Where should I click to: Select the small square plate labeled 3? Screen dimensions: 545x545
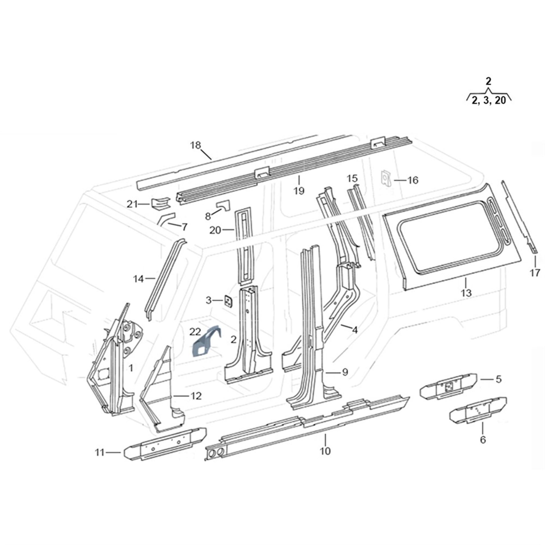pos(228,301)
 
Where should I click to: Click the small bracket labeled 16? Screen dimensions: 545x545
pos(386,178)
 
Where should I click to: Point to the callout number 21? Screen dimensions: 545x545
pos(132,204)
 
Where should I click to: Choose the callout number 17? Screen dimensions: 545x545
pos(535,272)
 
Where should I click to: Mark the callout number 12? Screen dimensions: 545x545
pos(196,396)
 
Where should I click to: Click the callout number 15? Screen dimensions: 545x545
pos(352,178)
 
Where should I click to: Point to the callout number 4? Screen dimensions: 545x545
pos(355,330)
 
